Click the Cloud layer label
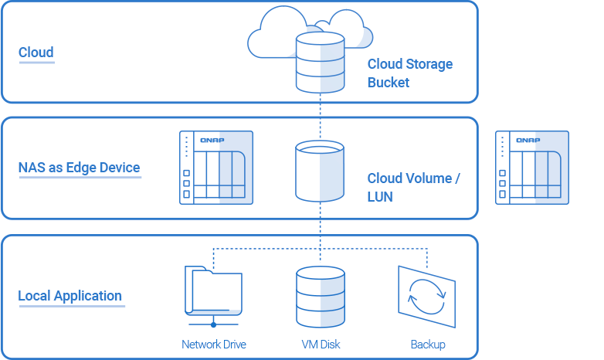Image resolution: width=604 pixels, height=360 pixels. [36, 53]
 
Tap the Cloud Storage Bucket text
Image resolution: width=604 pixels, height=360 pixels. [409, 73]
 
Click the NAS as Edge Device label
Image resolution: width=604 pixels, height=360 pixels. [80, 167]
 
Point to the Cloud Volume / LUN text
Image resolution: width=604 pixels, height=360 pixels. [413, 187]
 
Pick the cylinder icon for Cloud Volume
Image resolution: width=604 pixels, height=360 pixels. [319, 172]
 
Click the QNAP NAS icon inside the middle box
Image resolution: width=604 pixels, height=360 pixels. [216, 168]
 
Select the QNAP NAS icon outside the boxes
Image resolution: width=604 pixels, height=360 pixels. [532, 168]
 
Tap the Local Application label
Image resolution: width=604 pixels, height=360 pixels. [70, 296]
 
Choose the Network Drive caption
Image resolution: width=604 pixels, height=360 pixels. [214, 345]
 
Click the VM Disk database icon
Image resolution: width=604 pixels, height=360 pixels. [319, 297]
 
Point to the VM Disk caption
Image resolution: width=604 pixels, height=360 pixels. [321, 345]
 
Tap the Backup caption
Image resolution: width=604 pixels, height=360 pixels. [428, 345]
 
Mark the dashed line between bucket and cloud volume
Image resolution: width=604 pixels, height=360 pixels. [320, 116]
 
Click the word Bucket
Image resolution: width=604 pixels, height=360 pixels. [389, 82]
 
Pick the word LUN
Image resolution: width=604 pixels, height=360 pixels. [380, 197]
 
